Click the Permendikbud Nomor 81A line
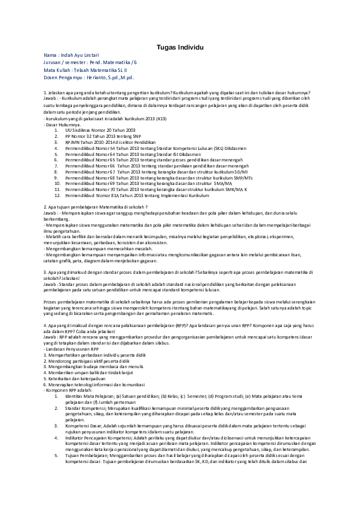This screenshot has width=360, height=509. (x=137, y=195)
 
